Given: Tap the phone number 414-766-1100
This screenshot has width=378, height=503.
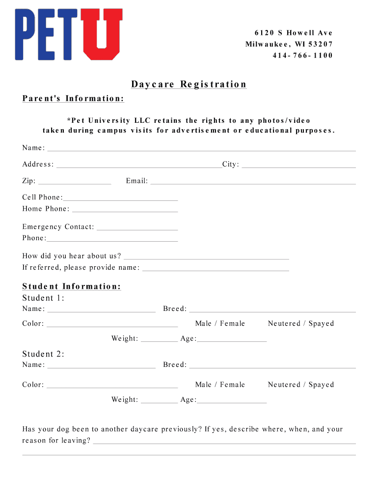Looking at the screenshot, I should [x=302, y=56].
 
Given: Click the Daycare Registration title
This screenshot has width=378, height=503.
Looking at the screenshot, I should [x=189, y=84].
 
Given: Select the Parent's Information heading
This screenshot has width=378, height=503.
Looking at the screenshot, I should [x=73, y=99].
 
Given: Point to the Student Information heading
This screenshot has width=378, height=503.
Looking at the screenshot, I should [x=72, y=286].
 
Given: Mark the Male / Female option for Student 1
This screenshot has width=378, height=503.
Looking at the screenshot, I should [x=220, y=324].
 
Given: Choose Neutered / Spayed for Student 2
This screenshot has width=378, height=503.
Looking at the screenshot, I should [x=300, y=385].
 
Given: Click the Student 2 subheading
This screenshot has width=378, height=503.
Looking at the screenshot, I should [x=43, y=354].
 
